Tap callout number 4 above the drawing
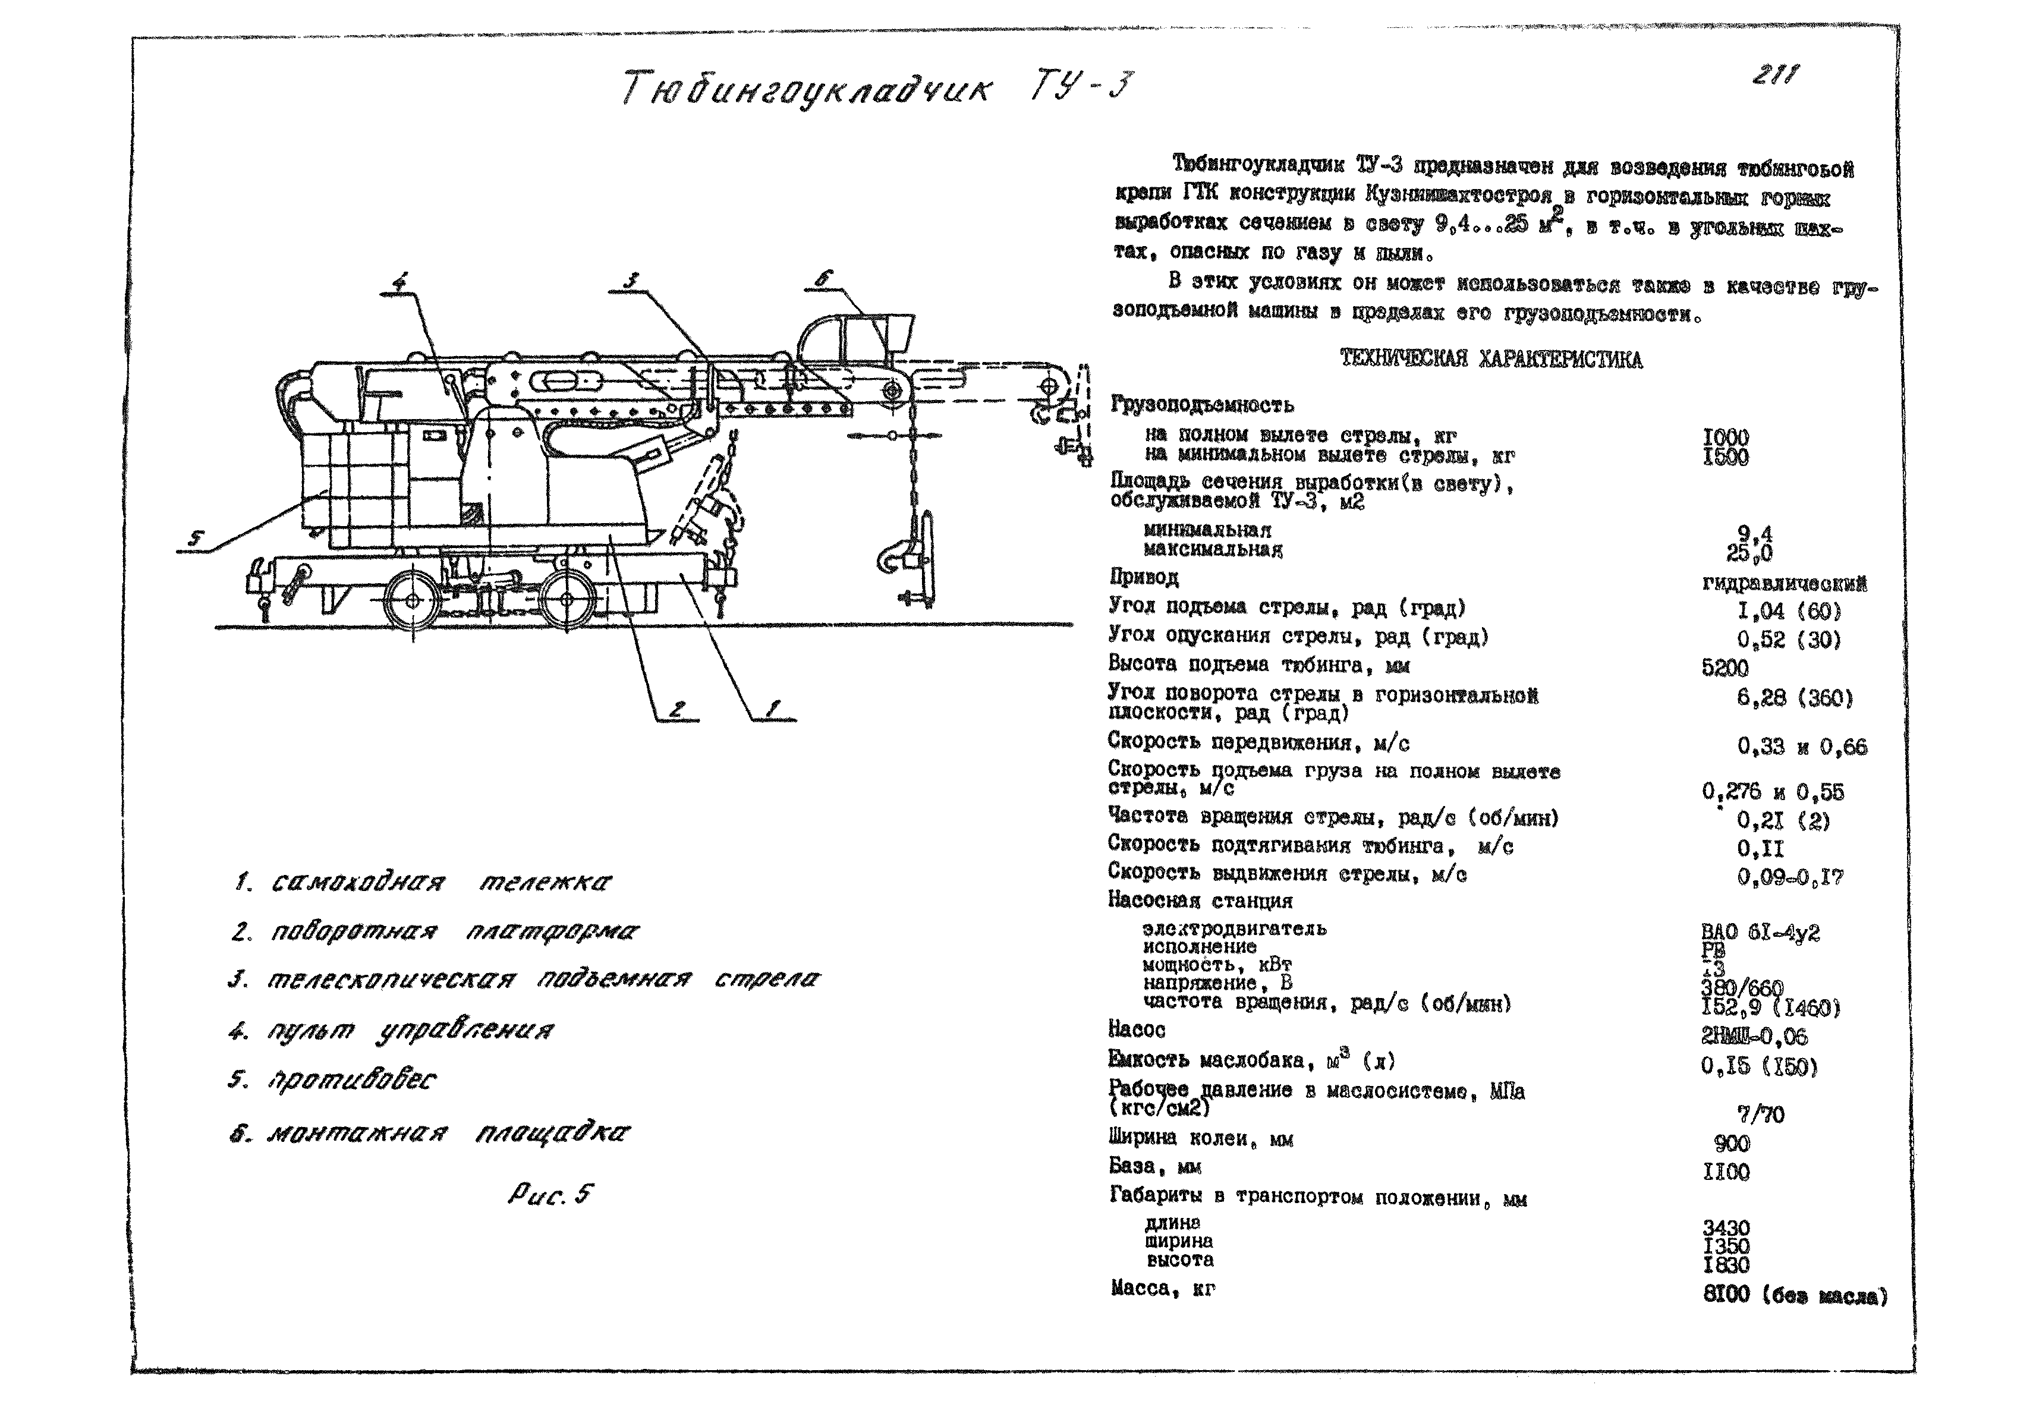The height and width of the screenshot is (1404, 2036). coord(399,282)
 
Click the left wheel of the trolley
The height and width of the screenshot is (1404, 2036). coord(412,599)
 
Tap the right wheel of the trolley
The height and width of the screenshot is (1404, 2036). coord(566,599)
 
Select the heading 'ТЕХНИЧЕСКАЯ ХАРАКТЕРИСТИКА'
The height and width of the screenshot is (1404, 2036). coord(1490,360)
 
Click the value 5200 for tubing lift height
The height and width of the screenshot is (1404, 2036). coord(1725,669)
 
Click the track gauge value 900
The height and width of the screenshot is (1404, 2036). coord(1732,1144)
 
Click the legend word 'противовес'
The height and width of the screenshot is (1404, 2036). coord(352,1080)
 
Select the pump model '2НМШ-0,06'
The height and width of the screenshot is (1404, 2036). coord(1754,1037)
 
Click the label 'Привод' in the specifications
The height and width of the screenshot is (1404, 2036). coord(1143,578)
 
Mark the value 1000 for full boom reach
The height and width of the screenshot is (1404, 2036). coord(1726,437)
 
